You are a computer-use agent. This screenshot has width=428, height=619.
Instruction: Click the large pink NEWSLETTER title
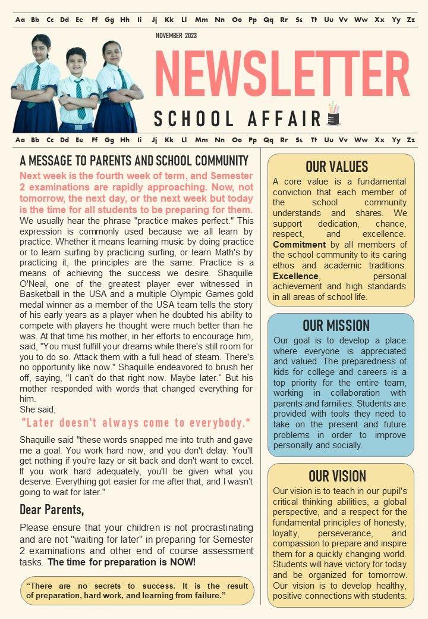282,73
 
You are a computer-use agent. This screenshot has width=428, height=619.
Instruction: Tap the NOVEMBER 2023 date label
176,36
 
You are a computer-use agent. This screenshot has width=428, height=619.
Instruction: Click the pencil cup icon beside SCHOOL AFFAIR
333,115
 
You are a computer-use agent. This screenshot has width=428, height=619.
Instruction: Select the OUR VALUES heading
337,167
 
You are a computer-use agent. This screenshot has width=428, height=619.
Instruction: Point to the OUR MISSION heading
336,326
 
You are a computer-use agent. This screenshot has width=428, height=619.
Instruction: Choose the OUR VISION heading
337,476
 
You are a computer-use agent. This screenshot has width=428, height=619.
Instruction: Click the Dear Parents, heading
52,509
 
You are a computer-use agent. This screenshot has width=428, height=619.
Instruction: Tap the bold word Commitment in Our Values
299,245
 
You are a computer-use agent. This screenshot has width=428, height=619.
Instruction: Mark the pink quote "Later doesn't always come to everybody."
136,423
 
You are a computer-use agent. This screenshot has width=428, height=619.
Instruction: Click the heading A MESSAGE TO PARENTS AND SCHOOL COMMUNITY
134,161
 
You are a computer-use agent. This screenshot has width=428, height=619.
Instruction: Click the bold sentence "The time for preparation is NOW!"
122,562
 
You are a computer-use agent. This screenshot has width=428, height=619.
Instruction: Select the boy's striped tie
80,100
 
